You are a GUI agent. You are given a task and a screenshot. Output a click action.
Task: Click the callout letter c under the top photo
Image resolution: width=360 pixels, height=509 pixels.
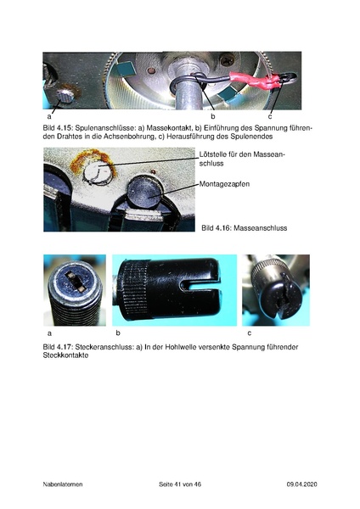click(x=269, y=115)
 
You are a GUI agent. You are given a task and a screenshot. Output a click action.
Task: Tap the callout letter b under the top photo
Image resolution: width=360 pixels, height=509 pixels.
click(x=212, y=115)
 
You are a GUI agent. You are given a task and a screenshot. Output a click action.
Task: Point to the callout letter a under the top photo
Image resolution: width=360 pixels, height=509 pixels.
click(x=49, y=115)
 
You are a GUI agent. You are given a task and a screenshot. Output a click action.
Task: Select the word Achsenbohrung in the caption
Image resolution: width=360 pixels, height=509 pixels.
click(x=133, y=135)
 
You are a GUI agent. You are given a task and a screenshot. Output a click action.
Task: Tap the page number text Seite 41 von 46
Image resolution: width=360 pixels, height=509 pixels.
click(x=180, y=484)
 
